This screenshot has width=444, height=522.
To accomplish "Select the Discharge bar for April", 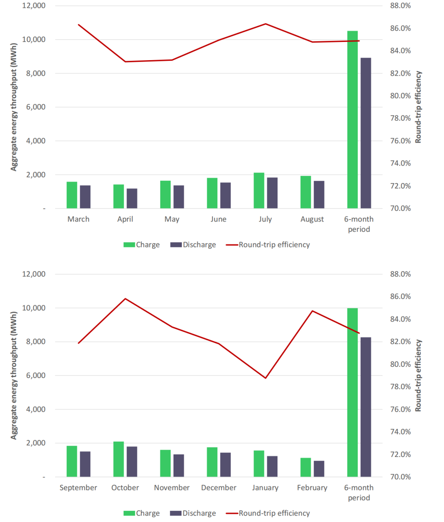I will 132,198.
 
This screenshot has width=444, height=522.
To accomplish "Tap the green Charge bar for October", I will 118,459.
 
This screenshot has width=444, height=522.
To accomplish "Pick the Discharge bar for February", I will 319,469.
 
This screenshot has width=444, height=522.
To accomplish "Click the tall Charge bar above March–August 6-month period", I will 352,119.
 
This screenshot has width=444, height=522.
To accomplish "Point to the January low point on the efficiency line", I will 266,378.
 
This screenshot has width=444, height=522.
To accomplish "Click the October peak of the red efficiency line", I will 125,298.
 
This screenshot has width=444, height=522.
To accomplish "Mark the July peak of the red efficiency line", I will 266,24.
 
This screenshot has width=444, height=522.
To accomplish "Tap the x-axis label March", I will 79,219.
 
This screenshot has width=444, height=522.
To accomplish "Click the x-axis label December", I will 219,487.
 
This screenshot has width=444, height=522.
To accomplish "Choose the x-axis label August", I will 312,219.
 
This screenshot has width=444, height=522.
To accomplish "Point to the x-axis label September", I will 79,487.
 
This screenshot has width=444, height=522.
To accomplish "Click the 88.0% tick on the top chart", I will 400,6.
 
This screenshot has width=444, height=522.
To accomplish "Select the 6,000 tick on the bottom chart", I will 34,375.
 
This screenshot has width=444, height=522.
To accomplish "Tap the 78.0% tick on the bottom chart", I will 400,387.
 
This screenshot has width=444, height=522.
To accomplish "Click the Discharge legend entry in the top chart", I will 193,245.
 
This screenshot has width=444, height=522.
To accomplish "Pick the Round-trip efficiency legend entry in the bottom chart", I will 268,513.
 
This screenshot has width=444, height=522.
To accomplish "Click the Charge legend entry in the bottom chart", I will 142,513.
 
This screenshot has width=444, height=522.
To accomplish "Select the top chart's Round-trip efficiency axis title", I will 419,107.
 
